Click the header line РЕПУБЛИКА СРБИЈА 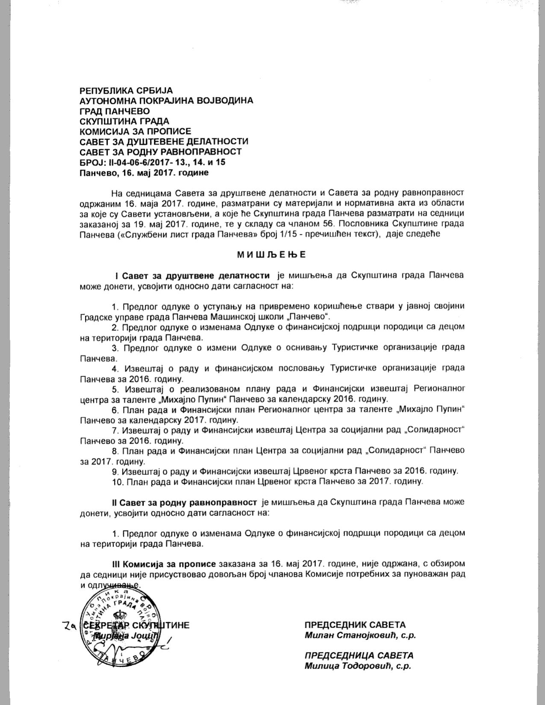[126, 91]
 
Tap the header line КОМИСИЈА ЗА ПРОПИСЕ [136, 131]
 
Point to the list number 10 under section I [116, 482]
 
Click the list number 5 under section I [115, 389]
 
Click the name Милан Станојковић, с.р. [360, 635]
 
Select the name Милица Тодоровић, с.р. [358, 666]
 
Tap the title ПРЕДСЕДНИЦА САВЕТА [359, 655]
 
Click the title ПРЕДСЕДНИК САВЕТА [355, 625]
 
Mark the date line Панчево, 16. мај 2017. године [144, 173]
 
